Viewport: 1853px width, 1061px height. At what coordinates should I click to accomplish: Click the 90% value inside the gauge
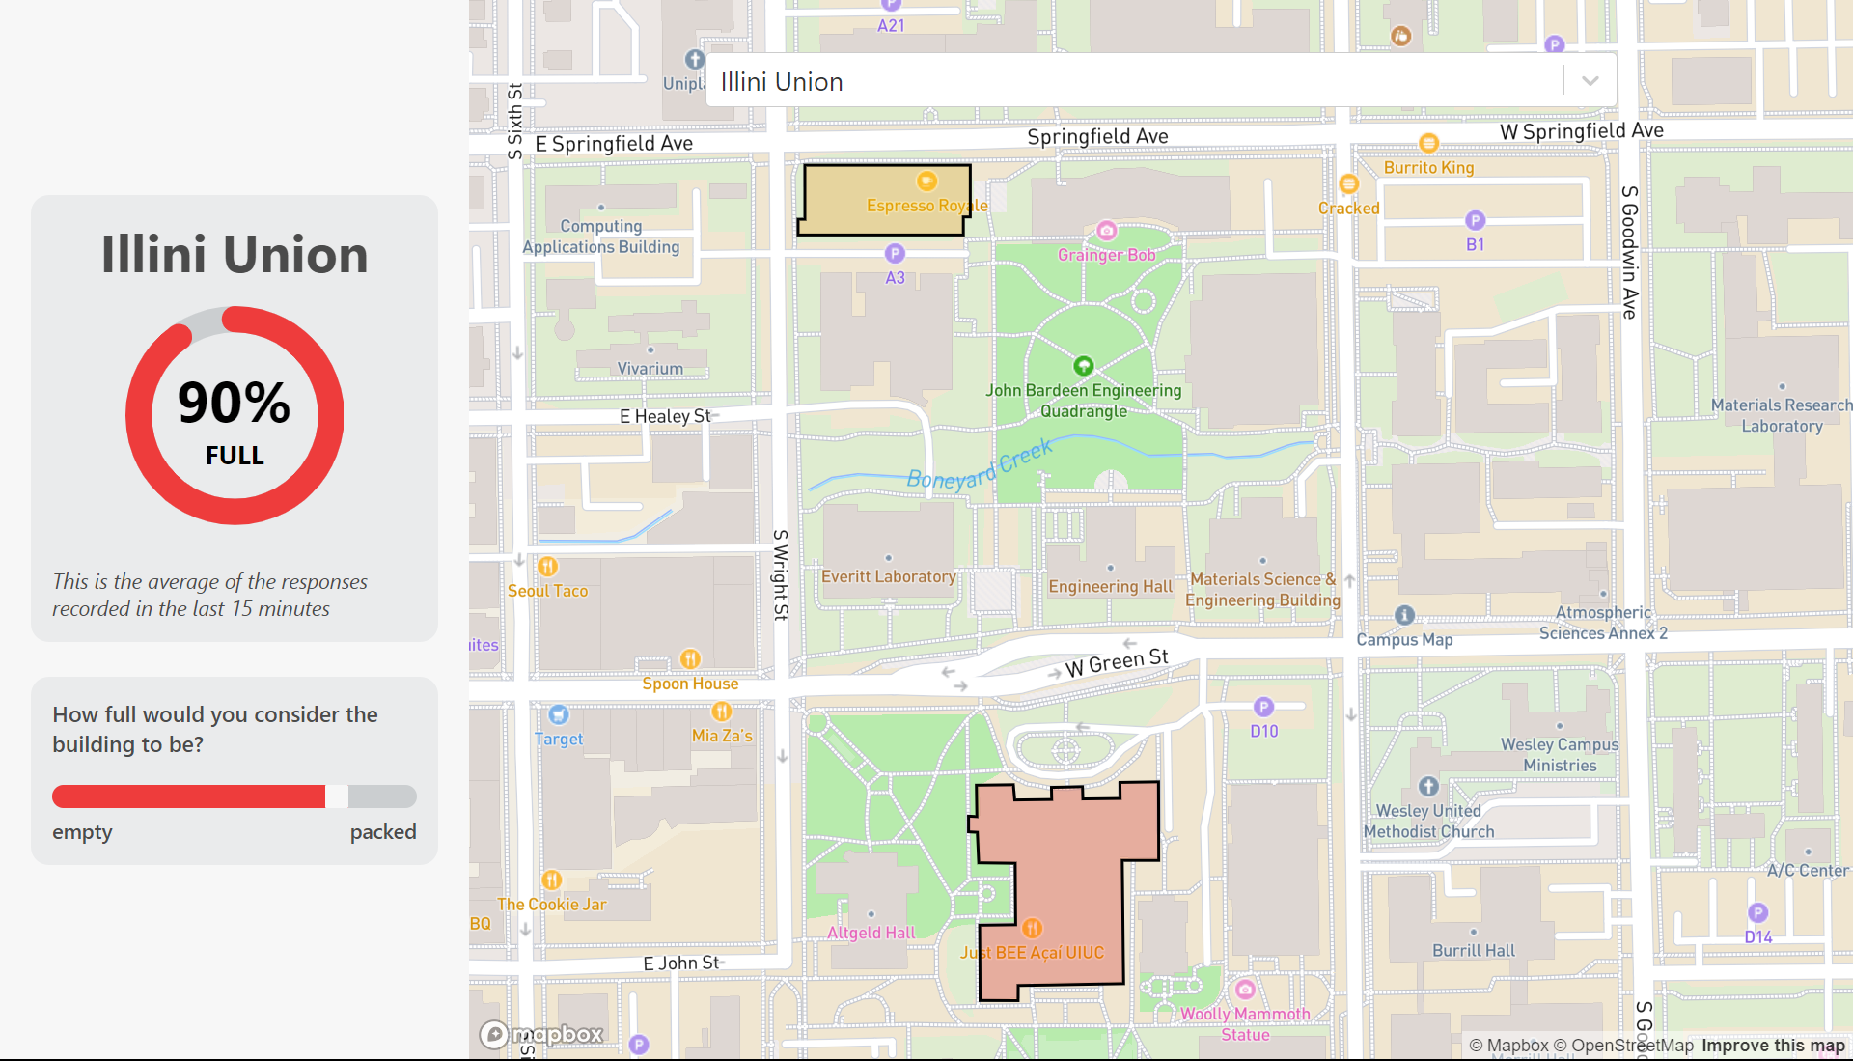235,403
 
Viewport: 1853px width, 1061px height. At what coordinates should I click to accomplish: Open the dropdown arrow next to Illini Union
1590,81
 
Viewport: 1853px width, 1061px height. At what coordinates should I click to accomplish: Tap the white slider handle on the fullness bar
337,796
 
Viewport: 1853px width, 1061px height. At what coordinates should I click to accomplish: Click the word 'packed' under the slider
382,832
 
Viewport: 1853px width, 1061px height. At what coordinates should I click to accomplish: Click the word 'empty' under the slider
82,832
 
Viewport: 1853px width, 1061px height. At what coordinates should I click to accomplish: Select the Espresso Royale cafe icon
926,181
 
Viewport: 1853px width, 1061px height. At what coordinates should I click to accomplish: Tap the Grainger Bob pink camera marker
1107,231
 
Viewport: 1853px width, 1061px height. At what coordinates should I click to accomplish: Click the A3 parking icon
895,254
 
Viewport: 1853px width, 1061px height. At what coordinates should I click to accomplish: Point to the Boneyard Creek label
979,466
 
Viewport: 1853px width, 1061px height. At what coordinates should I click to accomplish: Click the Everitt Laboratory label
888,576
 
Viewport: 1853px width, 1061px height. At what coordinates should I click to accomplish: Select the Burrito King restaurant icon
1428,144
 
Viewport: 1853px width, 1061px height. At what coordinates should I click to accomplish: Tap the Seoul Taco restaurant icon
547,567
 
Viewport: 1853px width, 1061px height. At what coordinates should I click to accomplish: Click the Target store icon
559,715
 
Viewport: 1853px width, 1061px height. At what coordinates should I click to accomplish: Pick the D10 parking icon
1263,708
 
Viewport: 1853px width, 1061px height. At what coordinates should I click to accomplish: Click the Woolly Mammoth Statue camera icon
1245,990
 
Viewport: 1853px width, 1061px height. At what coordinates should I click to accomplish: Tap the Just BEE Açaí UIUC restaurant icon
1032,929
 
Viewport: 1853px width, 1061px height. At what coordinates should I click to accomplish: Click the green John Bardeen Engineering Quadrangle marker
1083,366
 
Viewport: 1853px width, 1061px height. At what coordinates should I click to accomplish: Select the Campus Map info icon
1404,615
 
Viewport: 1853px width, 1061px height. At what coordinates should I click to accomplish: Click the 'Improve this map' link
1772,1046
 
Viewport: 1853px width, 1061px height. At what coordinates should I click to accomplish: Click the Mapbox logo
541,1035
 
